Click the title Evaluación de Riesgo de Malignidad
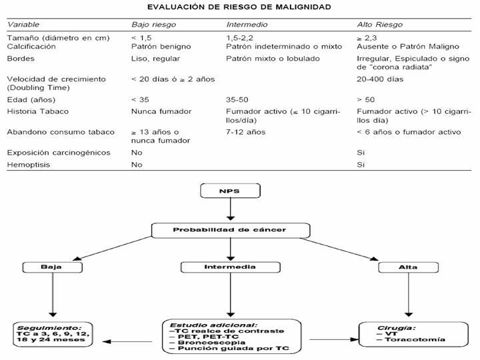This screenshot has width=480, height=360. [x=239, y=7]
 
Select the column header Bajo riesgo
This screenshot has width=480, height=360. [x=154, y=25]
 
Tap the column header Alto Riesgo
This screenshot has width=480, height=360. [x=379, y=25]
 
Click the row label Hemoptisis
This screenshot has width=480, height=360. [x=29, y=165]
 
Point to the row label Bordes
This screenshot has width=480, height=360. [x=21, y=59]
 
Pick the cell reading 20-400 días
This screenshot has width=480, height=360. [x=380, y=79]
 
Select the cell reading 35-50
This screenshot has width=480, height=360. [x=237, y=100]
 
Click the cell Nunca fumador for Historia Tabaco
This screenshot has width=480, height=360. [x=161, y=111]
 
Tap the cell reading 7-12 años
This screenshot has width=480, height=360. [x=246, y=132]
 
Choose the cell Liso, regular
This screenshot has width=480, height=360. [x=155, y=59]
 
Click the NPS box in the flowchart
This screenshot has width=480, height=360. [x=230, y=191]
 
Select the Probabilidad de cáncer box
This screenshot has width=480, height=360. [x=231, y=230]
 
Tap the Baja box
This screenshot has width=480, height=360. [x=53, y=267]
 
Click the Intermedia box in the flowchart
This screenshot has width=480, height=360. [x=231, y=267]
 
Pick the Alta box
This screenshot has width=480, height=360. [x=409, y=267]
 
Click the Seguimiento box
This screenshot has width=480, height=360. [x=53, y=334]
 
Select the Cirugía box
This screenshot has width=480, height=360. [x=413, y=334]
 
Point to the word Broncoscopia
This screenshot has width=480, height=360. [x=211, y=343]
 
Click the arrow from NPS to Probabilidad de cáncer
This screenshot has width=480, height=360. [x=231, y=209]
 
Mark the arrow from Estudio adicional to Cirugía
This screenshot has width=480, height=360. [x=334, y=339]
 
